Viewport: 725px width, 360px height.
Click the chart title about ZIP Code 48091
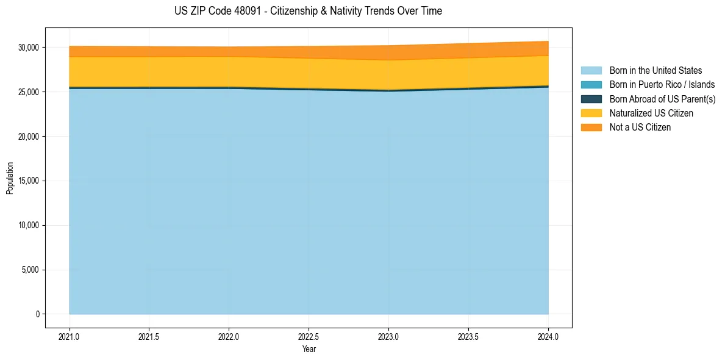click(308, 11)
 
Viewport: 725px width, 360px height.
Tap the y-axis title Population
click(10, 178)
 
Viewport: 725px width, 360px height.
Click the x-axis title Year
click(309, 349)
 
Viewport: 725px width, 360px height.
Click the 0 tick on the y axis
click(38, 314)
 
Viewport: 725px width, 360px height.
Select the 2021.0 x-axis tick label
click(70, 336)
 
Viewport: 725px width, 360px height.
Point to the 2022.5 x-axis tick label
click(309, 336)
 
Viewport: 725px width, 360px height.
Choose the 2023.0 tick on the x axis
click(388, 336)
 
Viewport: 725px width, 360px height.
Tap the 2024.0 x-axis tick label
click(548, 336)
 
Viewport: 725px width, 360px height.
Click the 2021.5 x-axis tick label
click(149, 336)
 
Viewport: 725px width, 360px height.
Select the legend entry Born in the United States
click(655, 71)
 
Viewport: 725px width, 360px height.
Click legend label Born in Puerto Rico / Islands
click(662, 85)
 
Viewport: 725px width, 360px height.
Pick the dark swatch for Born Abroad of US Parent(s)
click(591, 99)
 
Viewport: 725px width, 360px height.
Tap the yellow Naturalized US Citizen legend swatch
click(591, 113)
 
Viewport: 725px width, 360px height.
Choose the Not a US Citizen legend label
click(640, 128)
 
